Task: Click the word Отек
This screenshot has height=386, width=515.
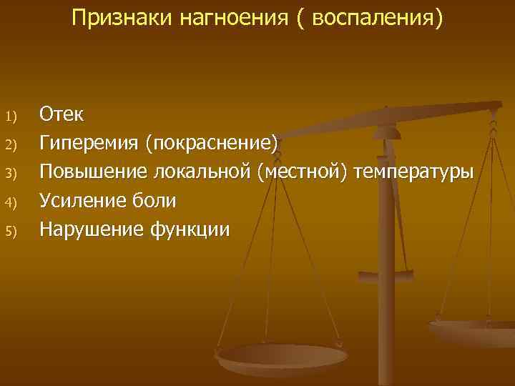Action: pos(62,114)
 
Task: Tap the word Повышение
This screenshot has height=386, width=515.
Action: pos(91,172)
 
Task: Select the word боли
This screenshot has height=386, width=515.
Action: pos(154,200)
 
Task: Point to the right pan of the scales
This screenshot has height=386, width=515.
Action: pos(476,331)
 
